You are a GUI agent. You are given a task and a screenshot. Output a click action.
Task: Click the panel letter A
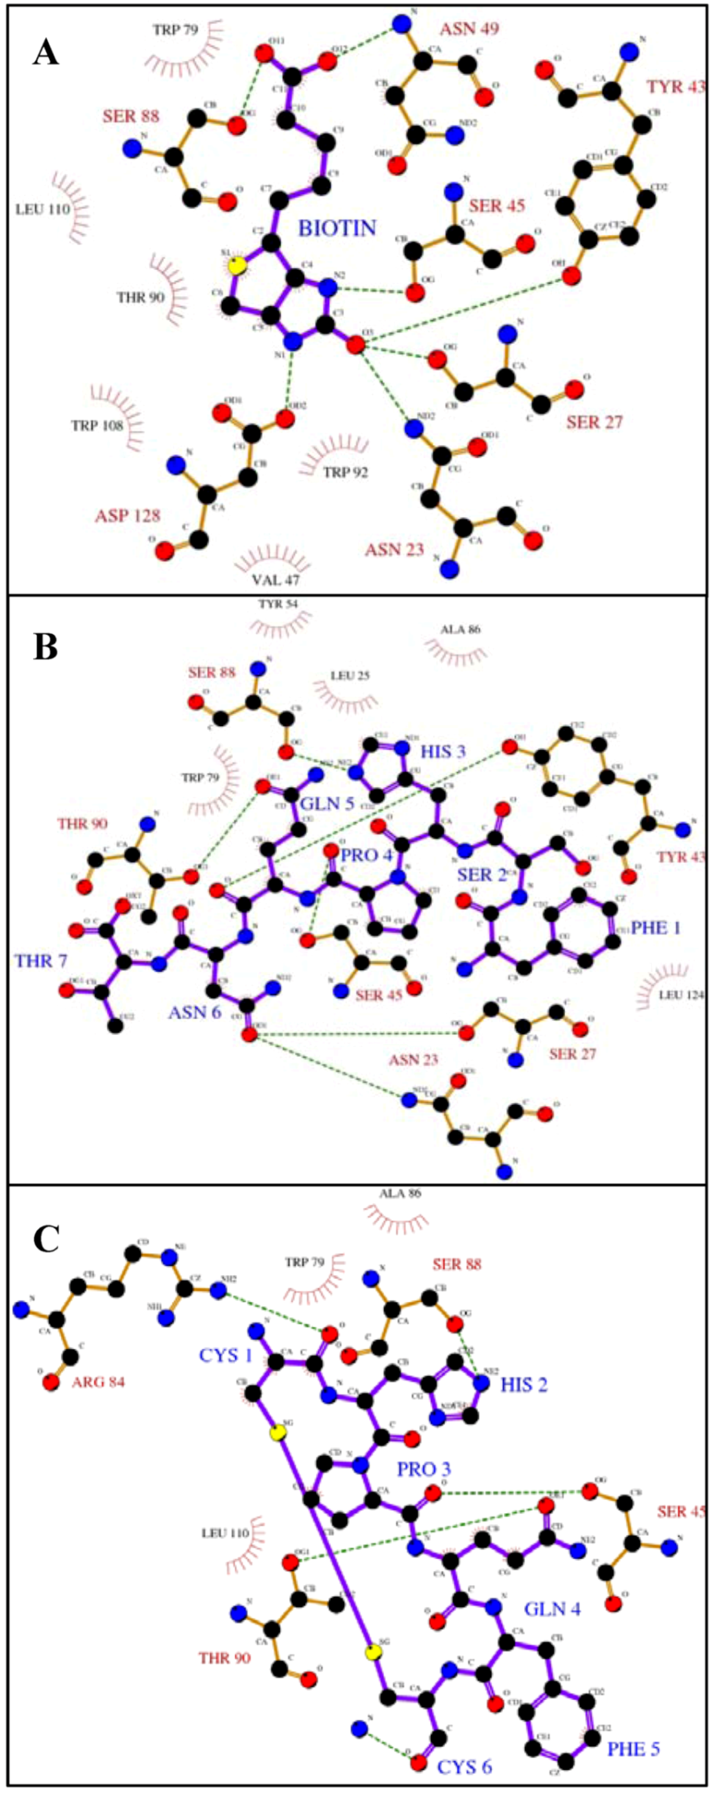[46, 53]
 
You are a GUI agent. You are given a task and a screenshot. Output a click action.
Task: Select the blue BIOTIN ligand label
[338, 228]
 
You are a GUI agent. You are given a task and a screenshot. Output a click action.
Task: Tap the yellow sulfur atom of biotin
[237, 266]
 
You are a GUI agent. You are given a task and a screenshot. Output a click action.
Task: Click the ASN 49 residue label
[469, 29]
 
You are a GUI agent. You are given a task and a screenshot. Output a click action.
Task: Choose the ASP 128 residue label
[127, 516]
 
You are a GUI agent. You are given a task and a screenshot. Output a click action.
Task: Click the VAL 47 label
[276, 578]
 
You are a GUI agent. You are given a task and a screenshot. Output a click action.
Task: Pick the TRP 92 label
[345, 472]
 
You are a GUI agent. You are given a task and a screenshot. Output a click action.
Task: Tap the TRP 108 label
[96, 425]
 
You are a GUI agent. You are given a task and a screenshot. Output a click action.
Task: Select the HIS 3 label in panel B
[443, 751]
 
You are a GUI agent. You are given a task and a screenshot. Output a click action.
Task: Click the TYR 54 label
[278, 604]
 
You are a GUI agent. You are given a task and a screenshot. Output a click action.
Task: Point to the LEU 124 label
[682, 995]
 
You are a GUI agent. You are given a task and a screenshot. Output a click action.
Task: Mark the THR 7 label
[40, 962]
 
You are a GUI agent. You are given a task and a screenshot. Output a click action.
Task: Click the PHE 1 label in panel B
[656, 928]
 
